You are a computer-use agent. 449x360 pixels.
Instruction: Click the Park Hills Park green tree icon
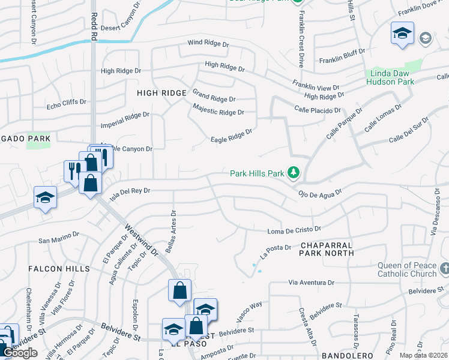coord(294,173)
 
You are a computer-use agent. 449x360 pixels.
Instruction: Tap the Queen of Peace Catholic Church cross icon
coord(444,267)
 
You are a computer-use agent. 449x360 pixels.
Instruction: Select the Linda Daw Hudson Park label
coord(390,77)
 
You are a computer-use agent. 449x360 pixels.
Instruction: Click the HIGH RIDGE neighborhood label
coord(161,93)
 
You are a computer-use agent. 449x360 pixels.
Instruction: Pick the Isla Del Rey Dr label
coord(130,190)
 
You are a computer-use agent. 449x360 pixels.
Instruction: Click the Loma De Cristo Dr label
coord(294,230)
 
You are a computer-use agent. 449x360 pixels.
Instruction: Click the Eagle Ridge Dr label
coord(231,136)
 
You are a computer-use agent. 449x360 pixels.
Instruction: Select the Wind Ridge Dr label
coord(208,43)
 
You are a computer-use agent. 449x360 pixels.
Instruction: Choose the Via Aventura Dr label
coord(311,282)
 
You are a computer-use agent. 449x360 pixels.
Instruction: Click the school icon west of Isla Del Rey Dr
coord(46,197)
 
